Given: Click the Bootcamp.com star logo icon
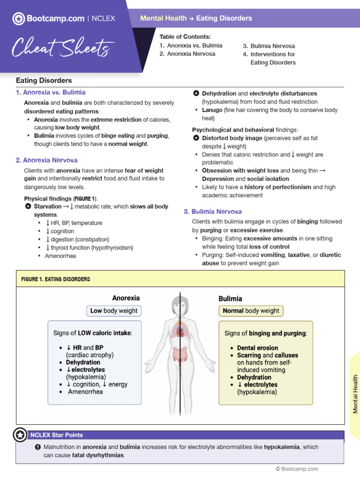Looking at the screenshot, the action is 18,19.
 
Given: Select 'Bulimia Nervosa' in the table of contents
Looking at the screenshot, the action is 272,46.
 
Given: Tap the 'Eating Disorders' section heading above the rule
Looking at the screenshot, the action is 44,81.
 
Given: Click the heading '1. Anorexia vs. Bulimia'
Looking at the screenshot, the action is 51,92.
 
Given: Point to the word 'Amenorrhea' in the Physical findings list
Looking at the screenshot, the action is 60,256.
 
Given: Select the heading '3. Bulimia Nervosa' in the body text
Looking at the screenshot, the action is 213,211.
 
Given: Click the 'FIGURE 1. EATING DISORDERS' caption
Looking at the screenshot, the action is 56,279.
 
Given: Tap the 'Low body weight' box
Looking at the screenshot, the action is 114,311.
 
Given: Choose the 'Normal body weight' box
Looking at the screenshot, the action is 251,311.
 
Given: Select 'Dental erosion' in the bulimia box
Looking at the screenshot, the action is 257,348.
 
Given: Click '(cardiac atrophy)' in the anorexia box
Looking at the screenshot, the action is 90,355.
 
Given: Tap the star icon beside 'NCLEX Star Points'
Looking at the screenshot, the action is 20,435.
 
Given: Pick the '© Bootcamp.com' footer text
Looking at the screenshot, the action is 297,469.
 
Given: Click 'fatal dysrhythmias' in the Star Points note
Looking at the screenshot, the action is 98,455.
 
